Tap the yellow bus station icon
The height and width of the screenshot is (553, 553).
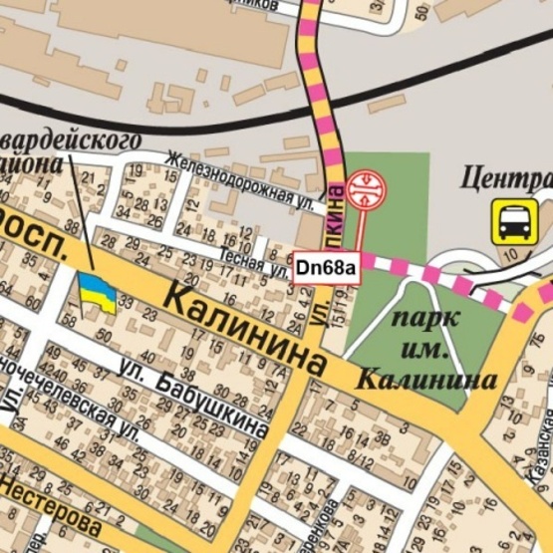coord(514,220)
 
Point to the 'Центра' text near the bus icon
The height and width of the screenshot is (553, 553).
coord(508,179)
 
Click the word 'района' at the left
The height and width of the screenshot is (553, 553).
coord(35,161)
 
